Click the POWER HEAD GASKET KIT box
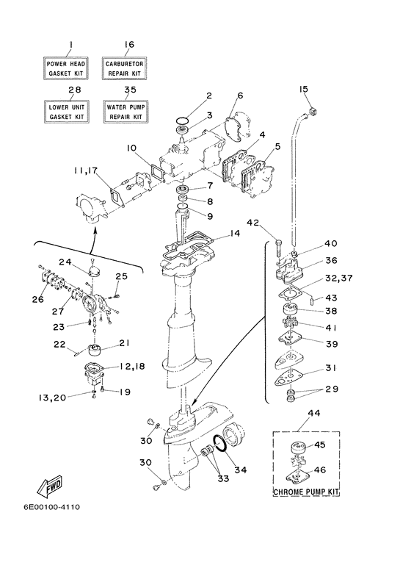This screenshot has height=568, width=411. pos(68,69)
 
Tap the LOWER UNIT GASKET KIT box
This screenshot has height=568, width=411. pos(68,112)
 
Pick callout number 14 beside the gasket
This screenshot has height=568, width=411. pos(234,233)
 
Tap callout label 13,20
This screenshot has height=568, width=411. pos(49,398)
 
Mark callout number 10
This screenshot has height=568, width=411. pos(131,148)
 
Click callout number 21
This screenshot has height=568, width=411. pos(124,343)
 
